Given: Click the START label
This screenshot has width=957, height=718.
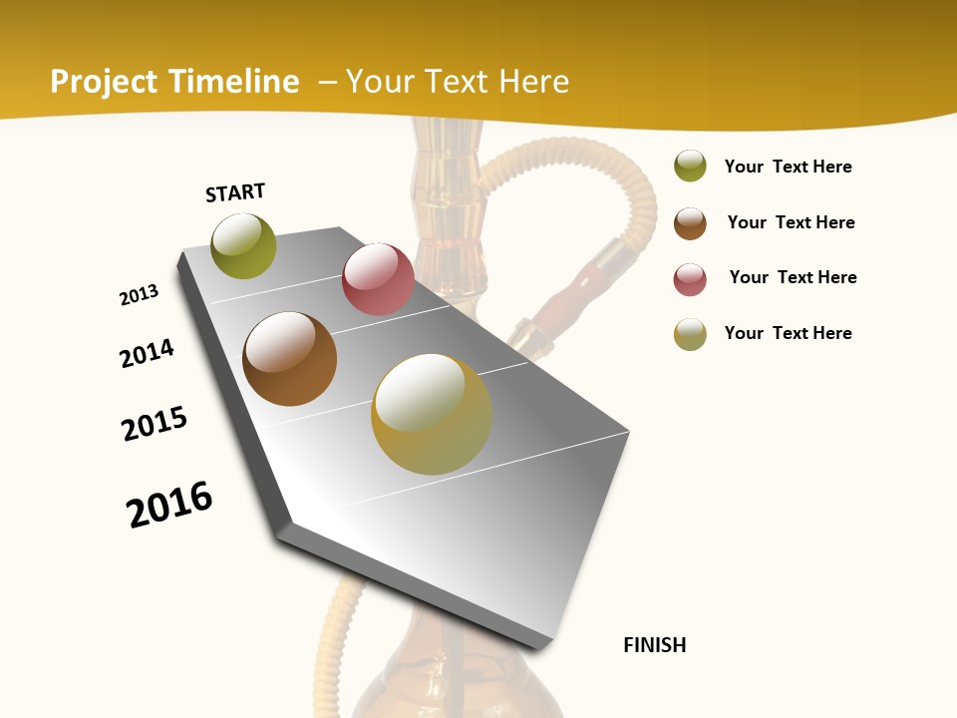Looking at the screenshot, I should click(x=235, y=191).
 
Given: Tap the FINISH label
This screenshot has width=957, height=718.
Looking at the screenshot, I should click(x=654, y=645).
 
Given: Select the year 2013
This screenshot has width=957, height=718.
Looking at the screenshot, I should click(x=139, y=295).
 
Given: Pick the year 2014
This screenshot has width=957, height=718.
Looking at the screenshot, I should click(x=147, y=353).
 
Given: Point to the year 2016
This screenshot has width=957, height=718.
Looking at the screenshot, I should click(x=169, y=504).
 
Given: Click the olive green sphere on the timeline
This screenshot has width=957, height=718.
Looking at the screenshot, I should click(x=243, y=246).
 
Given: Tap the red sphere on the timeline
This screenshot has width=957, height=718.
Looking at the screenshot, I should click(x=378, y=279).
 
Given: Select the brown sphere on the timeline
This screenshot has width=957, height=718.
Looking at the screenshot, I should click(x=289, y=359).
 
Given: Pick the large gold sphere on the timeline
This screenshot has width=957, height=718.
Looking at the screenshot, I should click(x=432, y=413).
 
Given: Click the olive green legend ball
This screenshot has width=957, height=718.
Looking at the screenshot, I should click(x=690, y=166).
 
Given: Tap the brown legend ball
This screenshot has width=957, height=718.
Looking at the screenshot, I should click(x=690, y=222).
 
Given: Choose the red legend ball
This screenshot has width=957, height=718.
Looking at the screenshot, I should click(x=690, y=279).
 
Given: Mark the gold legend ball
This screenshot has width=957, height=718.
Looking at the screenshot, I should click(x=690, y=334).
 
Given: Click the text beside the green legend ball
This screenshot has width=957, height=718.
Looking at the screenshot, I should click(x=788, y=167).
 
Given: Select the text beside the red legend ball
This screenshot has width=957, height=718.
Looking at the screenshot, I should click(x=793, y=277).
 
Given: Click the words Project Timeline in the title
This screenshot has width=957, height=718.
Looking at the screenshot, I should click(x=174, y=82).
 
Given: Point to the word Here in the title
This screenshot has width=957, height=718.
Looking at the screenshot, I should click(x=533, y=82).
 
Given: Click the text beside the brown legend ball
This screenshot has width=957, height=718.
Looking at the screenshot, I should click(x=791, y=222).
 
